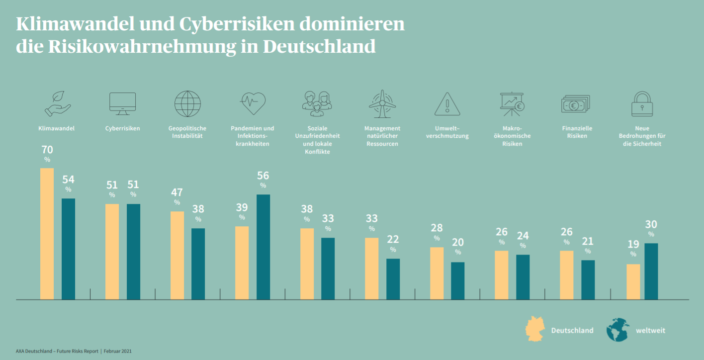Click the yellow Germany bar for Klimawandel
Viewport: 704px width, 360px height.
click(x=47, y=234)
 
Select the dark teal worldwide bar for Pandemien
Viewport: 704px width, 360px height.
click(x=263, y=247)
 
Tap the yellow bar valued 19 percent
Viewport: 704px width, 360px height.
click(x=633, y=281)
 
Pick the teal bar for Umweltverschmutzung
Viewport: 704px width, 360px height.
click(x=457, y=280)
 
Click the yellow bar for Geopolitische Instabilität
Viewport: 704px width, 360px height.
click(x=177, y=255)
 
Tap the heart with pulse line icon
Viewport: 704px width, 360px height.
click(x=253, y=103)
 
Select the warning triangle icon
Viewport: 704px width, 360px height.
click(x=447, y=104)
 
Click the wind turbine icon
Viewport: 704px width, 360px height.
click(x=382, y=103)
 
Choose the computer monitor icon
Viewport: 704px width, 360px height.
click(x=122, y=103)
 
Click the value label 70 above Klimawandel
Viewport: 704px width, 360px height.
click(x=47, y=150)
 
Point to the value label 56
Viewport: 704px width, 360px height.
click(x=263, y=176)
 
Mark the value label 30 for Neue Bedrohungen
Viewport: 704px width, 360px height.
click(x=651, y=224)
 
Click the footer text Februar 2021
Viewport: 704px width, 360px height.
click(x=118, y=351)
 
